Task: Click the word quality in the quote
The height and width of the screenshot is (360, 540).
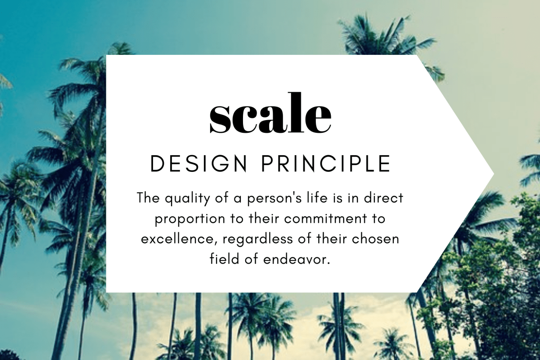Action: click(x=180, y=198)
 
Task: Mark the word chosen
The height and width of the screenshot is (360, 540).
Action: click(x=377, y=238)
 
